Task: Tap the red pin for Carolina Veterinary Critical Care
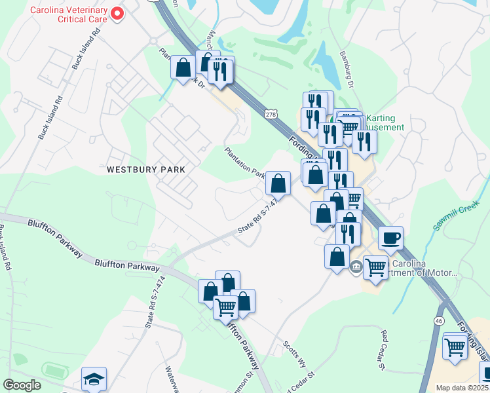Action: click(x=117, y=13)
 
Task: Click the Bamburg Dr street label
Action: click(x=347, y=71)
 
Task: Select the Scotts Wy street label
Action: click(x=294, y=354)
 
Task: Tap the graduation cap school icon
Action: click(x=94, y=379)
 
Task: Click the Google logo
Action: click(x=21, y=385)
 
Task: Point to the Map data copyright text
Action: click(x=462, y=388)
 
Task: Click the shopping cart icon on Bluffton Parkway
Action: click(x=226, y=307)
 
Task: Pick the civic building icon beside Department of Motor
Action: click(x=356, y=266)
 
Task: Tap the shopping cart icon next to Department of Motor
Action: click(x=375, y=267)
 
